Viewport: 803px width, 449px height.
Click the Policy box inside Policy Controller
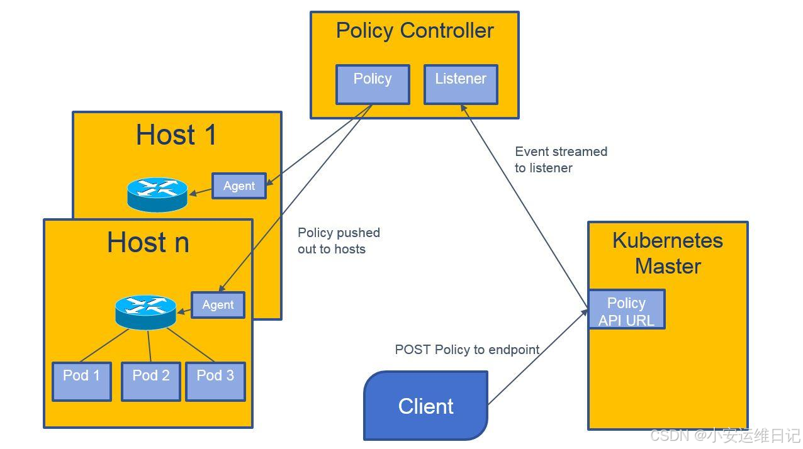tap(373, 84)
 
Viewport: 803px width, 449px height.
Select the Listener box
tap(461, 84)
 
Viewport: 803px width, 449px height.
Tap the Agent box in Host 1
tap(239, 186)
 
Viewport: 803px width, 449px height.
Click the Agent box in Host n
tap(218, 305)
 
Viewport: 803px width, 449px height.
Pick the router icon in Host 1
tap(157, 194)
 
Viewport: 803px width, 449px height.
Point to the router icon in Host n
tap(145, 312)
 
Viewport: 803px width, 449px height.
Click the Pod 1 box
tap(82, 381)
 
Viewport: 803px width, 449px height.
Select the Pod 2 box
tap(151, 381)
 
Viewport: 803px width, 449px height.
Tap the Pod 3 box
tap(215, 381)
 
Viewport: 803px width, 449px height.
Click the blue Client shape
tap(426, 406)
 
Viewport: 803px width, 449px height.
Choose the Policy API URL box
tap(627, 309)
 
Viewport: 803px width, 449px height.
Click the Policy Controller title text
tap(415, 31)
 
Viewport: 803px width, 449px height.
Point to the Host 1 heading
tap(176, 135)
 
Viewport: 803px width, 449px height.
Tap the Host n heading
tap(148, 242)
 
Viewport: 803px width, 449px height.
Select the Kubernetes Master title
tap(668, 253)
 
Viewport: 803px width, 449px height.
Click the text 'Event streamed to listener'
tap(561, 160)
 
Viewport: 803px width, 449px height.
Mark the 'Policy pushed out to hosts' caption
tap(339, 240)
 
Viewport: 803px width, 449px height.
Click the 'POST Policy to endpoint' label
tap(467, 350)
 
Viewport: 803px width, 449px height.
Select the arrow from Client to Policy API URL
tap(537, 357)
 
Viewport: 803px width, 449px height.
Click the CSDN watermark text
tap(725, 435)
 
